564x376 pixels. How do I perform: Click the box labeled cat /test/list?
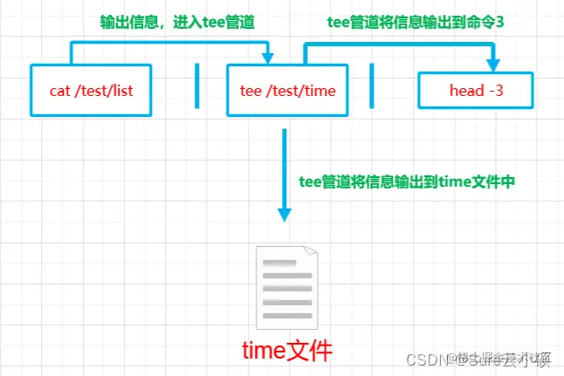[93, 89]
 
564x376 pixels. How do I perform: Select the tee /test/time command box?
[287, 89]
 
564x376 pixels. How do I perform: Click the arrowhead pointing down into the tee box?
[266, 58]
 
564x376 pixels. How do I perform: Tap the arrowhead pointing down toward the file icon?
[284, 214]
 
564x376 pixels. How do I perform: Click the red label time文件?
[287, 351]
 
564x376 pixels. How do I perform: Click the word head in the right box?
[463, 89]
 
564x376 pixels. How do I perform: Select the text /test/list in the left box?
[106, 89]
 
